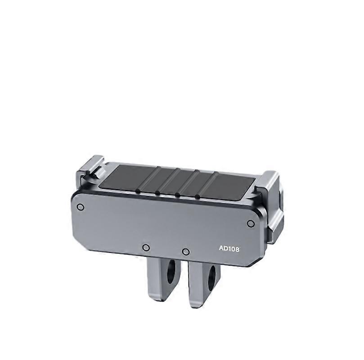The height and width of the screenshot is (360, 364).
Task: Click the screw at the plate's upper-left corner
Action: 81,207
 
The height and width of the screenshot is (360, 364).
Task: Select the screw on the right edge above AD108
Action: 251,223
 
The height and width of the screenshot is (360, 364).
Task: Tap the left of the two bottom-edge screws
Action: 145,247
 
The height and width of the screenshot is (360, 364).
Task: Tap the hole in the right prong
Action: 211,276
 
